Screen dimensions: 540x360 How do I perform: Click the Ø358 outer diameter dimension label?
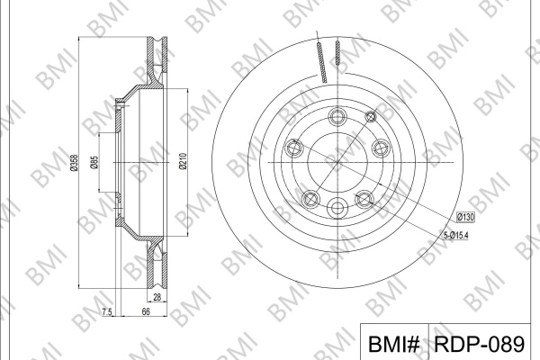[x=74, y=163]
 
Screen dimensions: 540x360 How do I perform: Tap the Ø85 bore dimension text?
[x=94, y=163]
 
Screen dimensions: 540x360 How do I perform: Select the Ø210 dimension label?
[x=183, y=162]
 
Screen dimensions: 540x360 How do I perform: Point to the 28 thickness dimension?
[x=157, y=297]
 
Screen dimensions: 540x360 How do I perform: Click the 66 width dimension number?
[x=146, y=311]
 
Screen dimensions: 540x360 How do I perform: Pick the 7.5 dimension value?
[x=107, y=312]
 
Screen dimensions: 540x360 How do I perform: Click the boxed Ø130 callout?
[x=465, y=217]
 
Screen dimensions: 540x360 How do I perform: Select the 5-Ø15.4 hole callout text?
[x=455, y=236]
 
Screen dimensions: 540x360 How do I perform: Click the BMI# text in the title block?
[x=394, y=344]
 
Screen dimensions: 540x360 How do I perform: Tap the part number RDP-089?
[x=479, y=344]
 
